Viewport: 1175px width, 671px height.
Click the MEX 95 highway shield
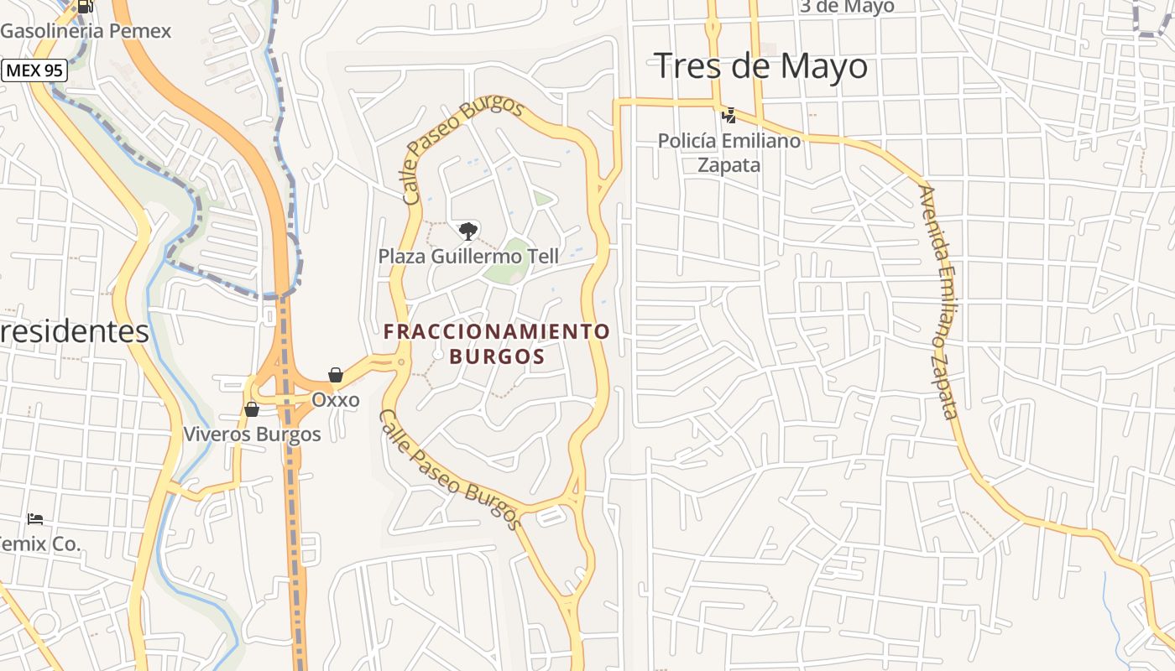34,70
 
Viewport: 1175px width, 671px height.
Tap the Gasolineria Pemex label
86,31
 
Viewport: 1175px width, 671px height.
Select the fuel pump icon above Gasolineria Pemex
85,7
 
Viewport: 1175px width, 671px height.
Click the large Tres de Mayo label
760,65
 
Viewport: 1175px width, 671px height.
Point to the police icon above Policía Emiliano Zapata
728,115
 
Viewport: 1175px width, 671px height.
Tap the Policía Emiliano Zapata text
729,153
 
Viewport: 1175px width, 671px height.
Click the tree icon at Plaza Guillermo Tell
467,231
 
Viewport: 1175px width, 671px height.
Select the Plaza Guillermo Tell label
468,256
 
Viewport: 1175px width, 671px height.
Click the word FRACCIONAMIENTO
497,331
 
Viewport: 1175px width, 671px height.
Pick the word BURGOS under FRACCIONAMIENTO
497,356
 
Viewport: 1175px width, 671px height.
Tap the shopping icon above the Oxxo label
336,375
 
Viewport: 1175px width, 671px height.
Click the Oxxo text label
336,400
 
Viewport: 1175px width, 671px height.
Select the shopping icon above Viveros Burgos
252,409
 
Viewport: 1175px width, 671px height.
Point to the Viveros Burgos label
253,434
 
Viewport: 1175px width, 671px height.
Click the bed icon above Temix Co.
35,519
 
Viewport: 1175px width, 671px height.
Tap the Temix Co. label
39,544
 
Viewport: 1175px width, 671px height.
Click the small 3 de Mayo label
846,7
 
